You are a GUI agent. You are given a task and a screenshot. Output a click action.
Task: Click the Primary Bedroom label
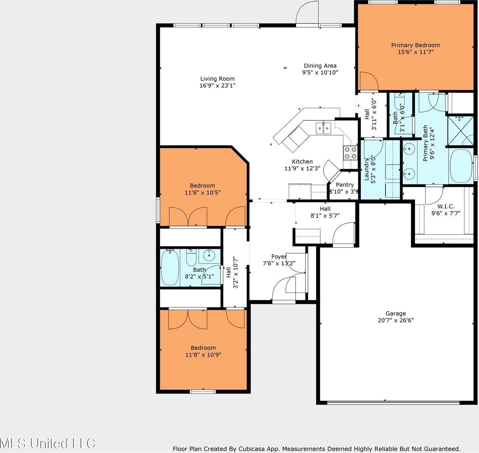[x=415, y=45]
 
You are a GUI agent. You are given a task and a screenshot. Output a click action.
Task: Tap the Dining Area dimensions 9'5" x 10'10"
[x=320, y=72]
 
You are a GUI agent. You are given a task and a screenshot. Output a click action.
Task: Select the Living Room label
[x=217, y=79]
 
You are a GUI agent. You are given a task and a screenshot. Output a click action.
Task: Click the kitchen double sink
[x=324, y=128]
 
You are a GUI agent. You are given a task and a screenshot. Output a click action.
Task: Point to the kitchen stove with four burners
[x=350, y=153]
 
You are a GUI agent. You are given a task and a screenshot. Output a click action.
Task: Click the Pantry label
[x=344, y=185]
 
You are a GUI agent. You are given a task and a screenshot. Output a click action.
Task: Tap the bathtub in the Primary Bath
[x=460, y=166]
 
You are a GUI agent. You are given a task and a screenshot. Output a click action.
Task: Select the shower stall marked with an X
[x=460, y=131]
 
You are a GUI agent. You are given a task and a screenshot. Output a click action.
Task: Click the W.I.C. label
[x=446, y=206]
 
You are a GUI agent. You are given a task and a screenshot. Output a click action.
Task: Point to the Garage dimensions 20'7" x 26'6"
[x=396, y=320]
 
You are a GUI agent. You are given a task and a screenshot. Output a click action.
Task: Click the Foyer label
[x=279, y=256]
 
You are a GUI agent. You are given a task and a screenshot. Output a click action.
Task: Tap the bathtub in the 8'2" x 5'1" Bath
[x=170, y=267]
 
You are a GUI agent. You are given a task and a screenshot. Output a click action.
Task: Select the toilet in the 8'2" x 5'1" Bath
[x=191, y=257]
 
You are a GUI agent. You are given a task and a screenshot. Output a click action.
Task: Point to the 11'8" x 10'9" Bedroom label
[x=203, y=348]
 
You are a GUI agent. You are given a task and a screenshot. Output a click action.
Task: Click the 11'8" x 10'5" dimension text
[x=203, y=193]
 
